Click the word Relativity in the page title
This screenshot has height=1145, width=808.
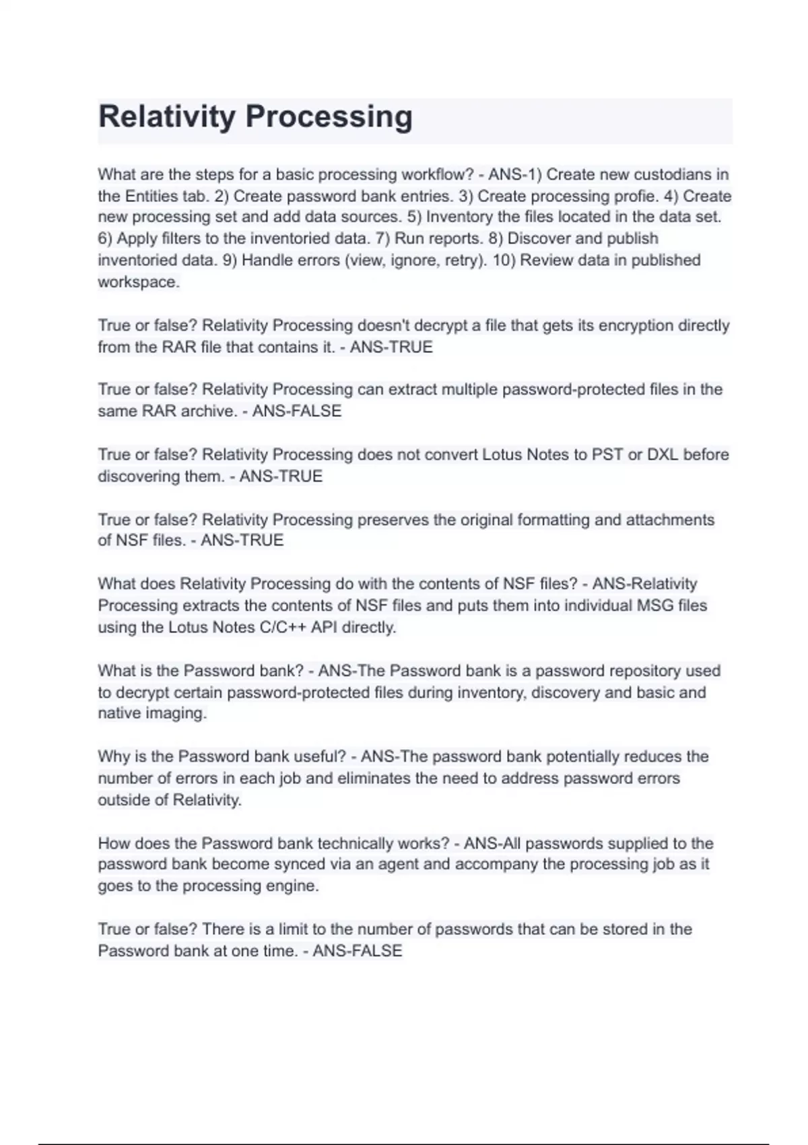(167, 117)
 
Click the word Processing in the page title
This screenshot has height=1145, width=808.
(329, 117)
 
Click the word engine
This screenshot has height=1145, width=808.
(294, 886)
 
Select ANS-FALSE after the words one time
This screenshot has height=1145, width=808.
(358, 951)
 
